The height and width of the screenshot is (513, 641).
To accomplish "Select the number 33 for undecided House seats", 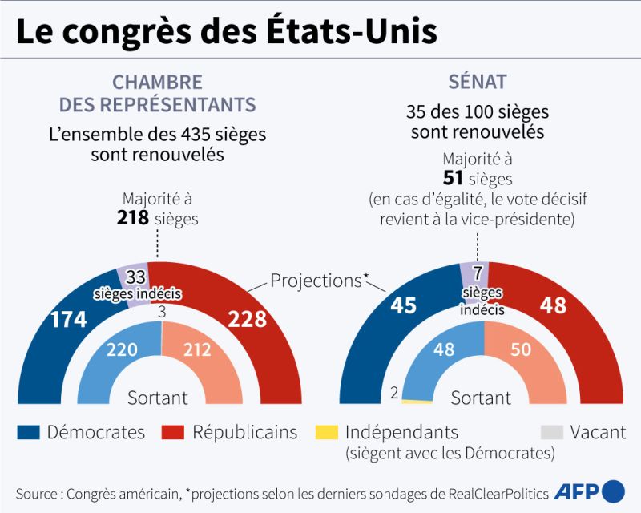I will coord(135,277).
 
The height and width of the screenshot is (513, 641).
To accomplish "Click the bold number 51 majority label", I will coord(454,178).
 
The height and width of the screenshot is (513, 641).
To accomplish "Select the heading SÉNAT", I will coord(478,82).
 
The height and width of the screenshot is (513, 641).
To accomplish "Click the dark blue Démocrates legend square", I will coord(27,433).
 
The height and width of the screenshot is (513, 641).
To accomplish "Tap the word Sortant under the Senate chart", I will coord(481,398).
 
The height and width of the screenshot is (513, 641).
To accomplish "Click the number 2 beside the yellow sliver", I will coord(393,393).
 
